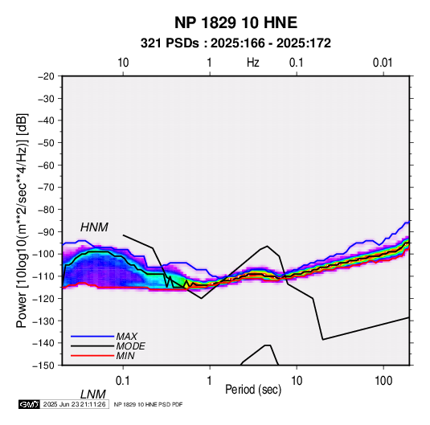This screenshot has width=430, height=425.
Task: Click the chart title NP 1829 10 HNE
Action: pos(235,22)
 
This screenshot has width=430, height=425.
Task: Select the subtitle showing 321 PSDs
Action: pos(235,43)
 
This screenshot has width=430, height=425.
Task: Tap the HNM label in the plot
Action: pos(94,227)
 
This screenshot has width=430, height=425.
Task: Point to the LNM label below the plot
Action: pos(93,394)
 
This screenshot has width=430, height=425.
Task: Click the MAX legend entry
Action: pos(126,336)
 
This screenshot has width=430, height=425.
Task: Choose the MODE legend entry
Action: pos(130,346)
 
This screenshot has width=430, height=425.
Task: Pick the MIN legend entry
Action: pos(125,356)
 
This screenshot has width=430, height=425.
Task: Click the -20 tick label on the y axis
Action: pos(46,76)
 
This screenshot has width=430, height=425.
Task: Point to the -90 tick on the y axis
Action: pos(46,231)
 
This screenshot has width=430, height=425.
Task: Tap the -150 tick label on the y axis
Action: pos(43,366)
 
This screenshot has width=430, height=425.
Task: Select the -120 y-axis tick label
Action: pos(43,298)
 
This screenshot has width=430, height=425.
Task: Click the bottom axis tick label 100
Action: pos(383,381)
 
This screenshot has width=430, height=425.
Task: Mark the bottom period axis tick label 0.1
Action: pos(123,381)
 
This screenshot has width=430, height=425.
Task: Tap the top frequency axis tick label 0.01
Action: pos(383,63)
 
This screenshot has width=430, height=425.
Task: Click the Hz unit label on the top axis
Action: pos(253,63)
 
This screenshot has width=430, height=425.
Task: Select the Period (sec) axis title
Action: pos(253,390)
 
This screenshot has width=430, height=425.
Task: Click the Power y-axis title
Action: pos(22,221)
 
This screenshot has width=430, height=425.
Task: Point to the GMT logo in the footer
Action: pos(29,404)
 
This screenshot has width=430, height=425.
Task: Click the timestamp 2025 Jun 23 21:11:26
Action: pos(74,404)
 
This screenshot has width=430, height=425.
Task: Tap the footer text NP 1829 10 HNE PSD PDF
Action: pos(148,404)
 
